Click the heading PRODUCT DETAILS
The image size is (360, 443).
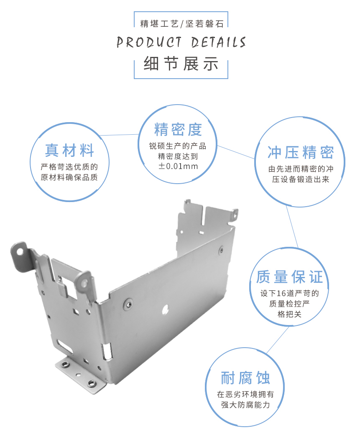tap(181, 42)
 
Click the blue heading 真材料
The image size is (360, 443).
tap(70, 150)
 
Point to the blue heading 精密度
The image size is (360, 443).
tap(178, 129)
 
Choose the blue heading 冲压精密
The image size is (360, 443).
tap(300, 153)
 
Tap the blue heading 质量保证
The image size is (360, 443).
tap(289, 277)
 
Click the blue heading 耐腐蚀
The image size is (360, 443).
tap(245, 378)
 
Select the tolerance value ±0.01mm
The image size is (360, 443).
tap(178, 166)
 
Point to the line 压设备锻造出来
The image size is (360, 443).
tap(301, 180)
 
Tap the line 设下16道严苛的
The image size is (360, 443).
tap(289, 293)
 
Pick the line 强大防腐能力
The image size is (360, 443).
tap(245, 405)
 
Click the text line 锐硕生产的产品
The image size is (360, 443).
tap(178, 146)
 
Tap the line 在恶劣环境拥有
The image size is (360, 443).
tap(245, 394)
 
